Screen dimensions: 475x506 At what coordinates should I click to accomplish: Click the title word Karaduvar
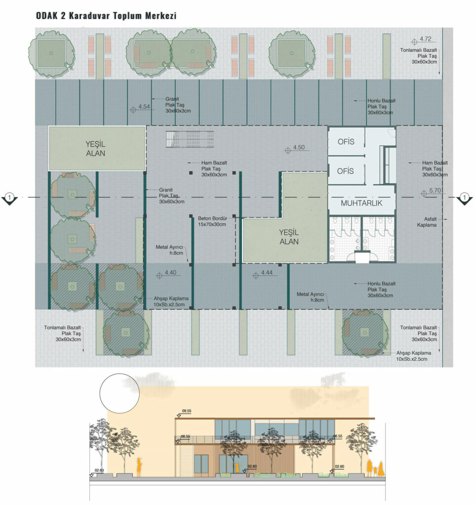click(89, 15)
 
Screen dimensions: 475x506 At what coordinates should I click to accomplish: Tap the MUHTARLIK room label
click(361, 203)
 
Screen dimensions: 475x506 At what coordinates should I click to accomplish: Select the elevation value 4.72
click(425, 39)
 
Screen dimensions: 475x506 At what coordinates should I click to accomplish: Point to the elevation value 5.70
click(435, 190)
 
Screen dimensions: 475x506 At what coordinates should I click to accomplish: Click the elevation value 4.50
click(299, 147)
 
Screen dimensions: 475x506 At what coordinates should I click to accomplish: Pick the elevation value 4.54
click(144, 107)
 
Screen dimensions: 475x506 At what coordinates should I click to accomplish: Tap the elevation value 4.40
click(170, 273)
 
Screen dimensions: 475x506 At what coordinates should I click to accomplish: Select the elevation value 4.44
click(267, 273)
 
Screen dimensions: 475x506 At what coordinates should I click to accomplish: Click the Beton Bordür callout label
click(212, 221)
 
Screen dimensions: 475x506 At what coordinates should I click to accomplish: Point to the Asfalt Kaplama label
click(427, 222)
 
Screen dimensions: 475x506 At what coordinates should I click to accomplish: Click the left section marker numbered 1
click(10, 198)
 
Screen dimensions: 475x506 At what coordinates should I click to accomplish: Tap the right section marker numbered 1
click(464, 198)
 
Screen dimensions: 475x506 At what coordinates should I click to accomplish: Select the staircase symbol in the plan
click(190, 139)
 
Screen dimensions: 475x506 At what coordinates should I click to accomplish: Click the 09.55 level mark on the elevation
click(186, 411)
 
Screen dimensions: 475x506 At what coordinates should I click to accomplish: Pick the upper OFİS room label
click(346, 142)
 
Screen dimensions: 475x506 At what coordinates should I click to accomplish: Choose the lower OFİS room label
click(345, 171)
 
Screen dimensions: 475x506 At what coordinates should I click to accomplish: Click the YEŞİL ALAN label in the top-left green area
click(95, 149)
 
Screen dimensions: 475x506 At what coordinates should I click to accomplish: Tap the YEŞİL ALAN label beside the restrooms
click(289, 237)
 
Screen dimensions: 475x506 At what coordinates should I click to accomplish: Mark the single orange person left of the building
click(139, 467)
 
